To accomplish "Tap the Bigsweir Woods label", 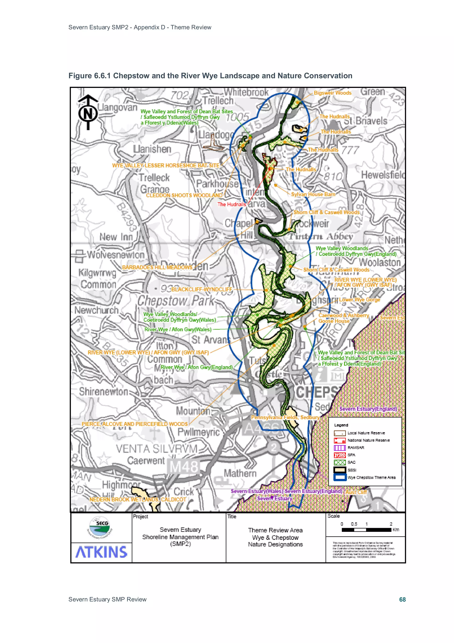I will coord(332,93).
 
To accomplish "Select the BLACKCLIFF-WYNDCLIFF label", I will coord(202,289).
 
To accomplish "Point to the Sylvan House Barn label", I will coord(313,194).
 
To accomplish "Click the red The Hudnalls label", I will coord(232,204).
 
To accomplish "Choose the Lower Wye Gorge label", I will coord(359,300).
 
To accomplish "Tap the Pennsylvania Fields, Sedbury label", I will coord(285,417).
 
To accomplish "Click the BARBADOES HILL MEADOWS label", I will coord(157,267).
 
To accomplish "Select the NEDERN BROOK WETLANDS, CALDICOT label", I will coord(138,499).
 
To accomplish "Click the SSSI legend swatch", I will coord(340,470).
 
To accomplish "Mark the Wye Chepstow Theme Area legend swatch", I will coord(340,477).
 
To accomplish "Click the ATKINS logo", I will coord(101,552).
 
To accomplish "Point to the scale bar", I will coord(366,530).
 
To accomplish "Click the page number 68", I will coord(402,599).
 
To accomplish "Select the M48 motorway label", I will coord(184,467).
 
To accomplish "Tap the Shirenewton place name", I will coord(103,392).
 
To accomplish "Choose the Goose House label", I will coord(334,321).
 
